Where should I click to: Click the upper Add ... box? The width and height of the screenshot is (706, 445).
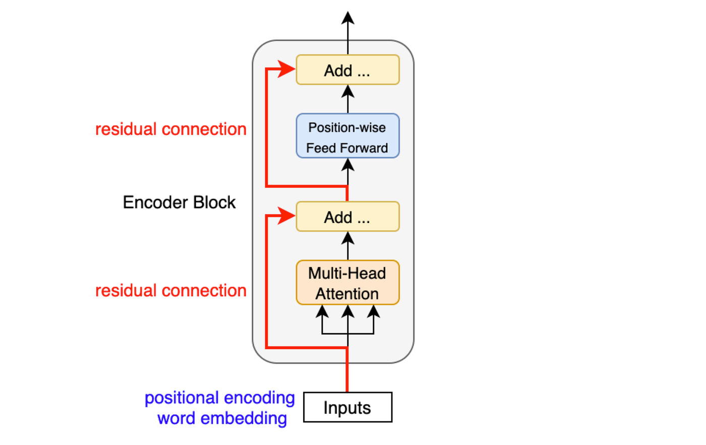pyautogui.click(x=347, y=70)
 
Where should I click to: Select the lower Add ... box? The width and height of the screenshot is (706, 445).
pyautogui.click(x=347, y=216)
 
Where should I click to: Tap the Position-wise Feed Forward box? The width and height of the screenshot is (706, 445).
pyautogui.click(x=347, y=136)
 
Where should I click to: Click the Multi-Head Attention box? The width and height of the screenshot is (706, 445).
pyautogui.click(x=347, y=283)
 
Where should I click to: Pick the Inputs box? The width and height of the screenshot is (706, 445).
pyautogui.click(x=347, y=407)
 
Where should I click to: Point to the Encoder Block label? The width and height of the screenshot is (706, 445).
pyautogui.click(x=179, y=202)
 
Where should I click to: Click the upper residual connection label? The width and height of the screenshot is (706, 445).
pyautogui.click(x=171, y=129)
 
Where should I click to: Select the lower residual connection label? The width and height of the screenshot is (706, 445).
pyautogui.click(x=171, y=291)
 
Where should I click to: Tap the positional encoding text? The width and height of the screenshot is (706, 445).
pyautogui.click(x=220, y=398)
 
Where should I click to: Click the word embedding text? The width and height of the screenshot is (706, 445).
pyautogui.click(x=222, y=418)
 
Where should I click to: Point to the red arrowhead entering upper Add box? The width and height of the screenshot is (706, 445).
pyautogui.click(x=286, y=69)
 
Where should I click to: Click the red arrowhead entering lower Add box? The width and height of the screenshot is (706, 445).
pyautogui.click(x=286, y=216)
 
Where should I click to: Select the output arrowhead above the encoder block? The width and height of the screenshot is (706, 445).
pyautogui.click(x=347, y=18)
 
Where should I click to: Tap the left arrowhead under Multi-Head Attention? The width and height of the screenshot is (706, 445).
pyautogui.click(x=322, y=311)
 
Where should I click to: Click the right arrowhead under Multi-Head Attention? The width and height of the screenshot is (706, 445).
pyautogui.click(x=374, y=311)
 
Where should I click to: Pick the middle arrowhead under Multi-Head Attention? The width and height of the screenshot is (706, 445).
pyautogui.click(x=347, y=311)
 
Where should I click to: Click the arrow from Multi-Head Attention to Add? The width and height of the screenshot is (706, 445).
pyautogui.click(x=347, y=246)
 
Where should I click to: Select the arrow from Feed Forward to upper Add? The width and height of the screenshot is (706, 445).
pyautogui.click(x=347, y=99)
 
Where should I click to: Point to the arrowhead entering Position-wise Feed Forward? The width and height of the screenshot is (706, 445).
pyautogui.click(x=347, y=164)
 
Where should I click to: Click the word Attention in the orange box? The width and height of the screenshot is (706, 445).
pyautogui.click(x=347, y=294)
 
